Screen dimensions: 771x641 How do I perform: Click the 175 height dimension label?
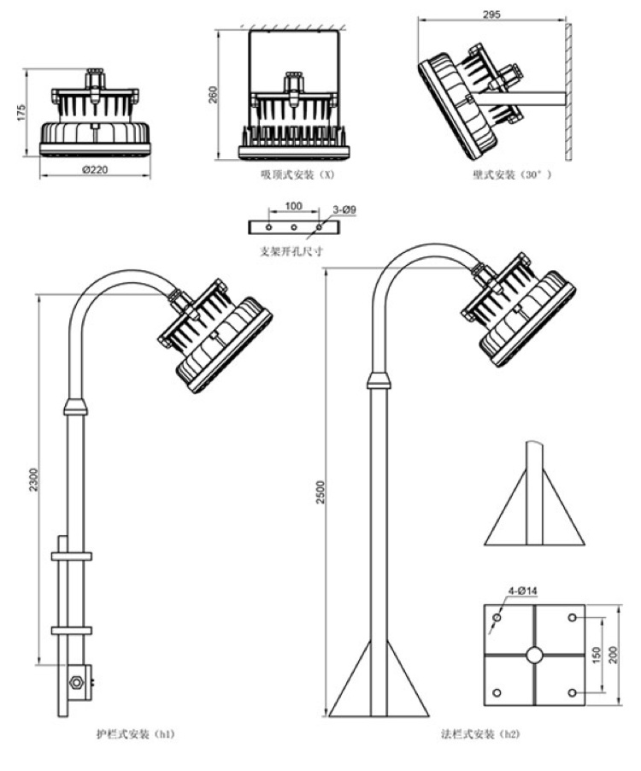point(23,113)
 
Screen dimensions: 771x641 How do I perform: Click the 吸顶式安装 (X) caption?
point(297,174)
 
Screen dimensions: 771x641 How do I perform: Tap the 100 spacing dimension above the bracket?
point(293,207)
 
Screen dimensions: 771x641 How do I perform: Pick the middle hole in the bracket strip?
point(293,227)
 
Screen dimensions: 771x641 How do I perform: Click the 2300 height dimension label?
point(32,479)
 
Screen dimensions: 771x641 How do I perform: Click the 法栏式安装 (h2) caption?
point(479,734)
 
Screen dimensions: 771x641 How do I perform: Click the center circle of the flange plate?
point(534,654)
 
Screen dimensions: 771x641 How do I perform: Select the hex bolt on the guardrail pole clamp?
point(75,682)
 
